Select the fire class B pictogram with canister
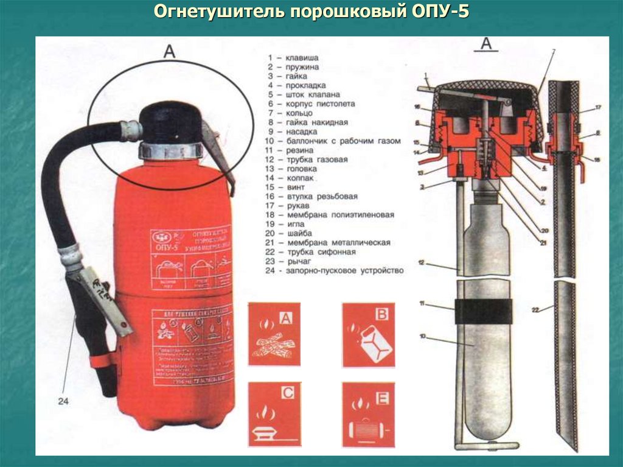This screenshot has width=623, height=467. pyautogui.click(x=368, y=334)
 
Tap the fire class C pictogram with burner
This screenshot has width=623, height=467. pyautogui.click(x=274, y=413)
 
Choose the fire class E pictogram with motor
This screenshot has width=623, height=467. pyautogui.click(x=368, y=413)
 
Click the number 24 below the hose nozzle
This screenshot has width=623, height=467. pyautogui.click(x=64, y=401)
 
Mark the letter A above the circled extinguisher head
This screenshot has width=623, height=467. pyautogui.click(x=169, y=52)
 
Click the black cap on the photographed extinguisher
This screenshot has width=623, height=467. pyautogui.click(x=171, y=122)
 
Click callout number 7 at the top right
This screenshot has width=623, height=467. pyautogui.click(x=553, y=52)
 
